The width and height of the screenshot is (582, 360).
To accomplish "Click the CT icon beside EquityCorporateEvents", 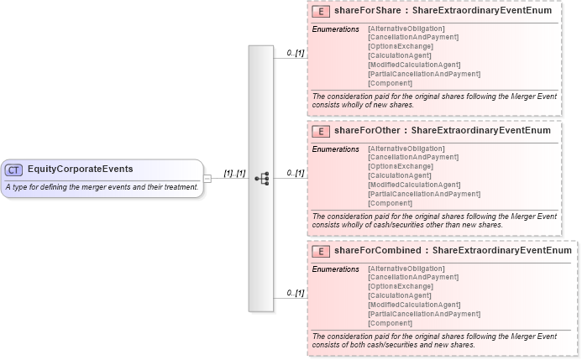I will coord(13,170).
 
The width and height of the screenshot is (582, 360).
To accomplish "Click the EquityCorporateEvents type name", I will coord(80,170).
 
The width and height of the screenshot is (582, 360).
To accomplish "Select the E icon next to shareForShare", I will coord(320,13).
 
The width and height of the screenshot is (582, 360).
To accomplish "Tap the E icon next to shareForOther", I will coord(320,131).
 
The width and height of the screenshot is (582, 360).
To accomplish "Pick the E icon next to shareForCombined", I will coord(320,250).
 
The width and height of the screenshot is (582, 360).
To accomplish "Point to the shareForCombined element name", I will coord(379,250).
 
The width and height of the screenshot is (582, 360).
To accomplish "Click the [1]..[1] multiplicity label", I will coord(234,173).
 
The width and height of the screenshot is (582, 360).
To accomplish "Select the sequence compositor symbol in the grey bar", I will coord(261,178).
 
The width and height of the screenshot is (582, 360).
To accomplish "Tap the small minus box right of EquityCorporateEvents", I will coord(207,178).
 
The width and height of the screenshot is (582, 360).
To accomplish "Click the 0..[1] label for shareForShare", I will coord(295,53).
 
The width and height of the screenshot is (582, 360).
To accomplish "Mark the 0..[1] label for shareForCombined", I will coord(295,292).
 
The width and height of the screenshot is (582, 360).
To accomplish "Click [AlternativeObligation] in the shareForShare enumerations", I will coord(406,29).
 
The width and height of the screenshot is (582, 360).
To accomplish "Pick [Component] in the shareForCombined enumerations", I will coord(391,323).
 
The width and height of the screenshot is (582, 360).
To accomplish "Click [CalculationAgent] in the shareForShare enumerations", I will coord(402,56).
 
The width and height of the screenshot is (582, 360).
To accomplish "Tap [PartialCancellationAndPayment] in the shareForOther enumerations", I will coord(424,194).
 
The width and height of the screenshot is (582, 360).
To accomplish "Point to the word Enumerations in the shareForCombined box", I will coord(335,269).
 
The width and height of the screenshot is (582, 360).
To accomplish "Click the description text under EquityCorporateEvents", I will coord(102,186).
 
